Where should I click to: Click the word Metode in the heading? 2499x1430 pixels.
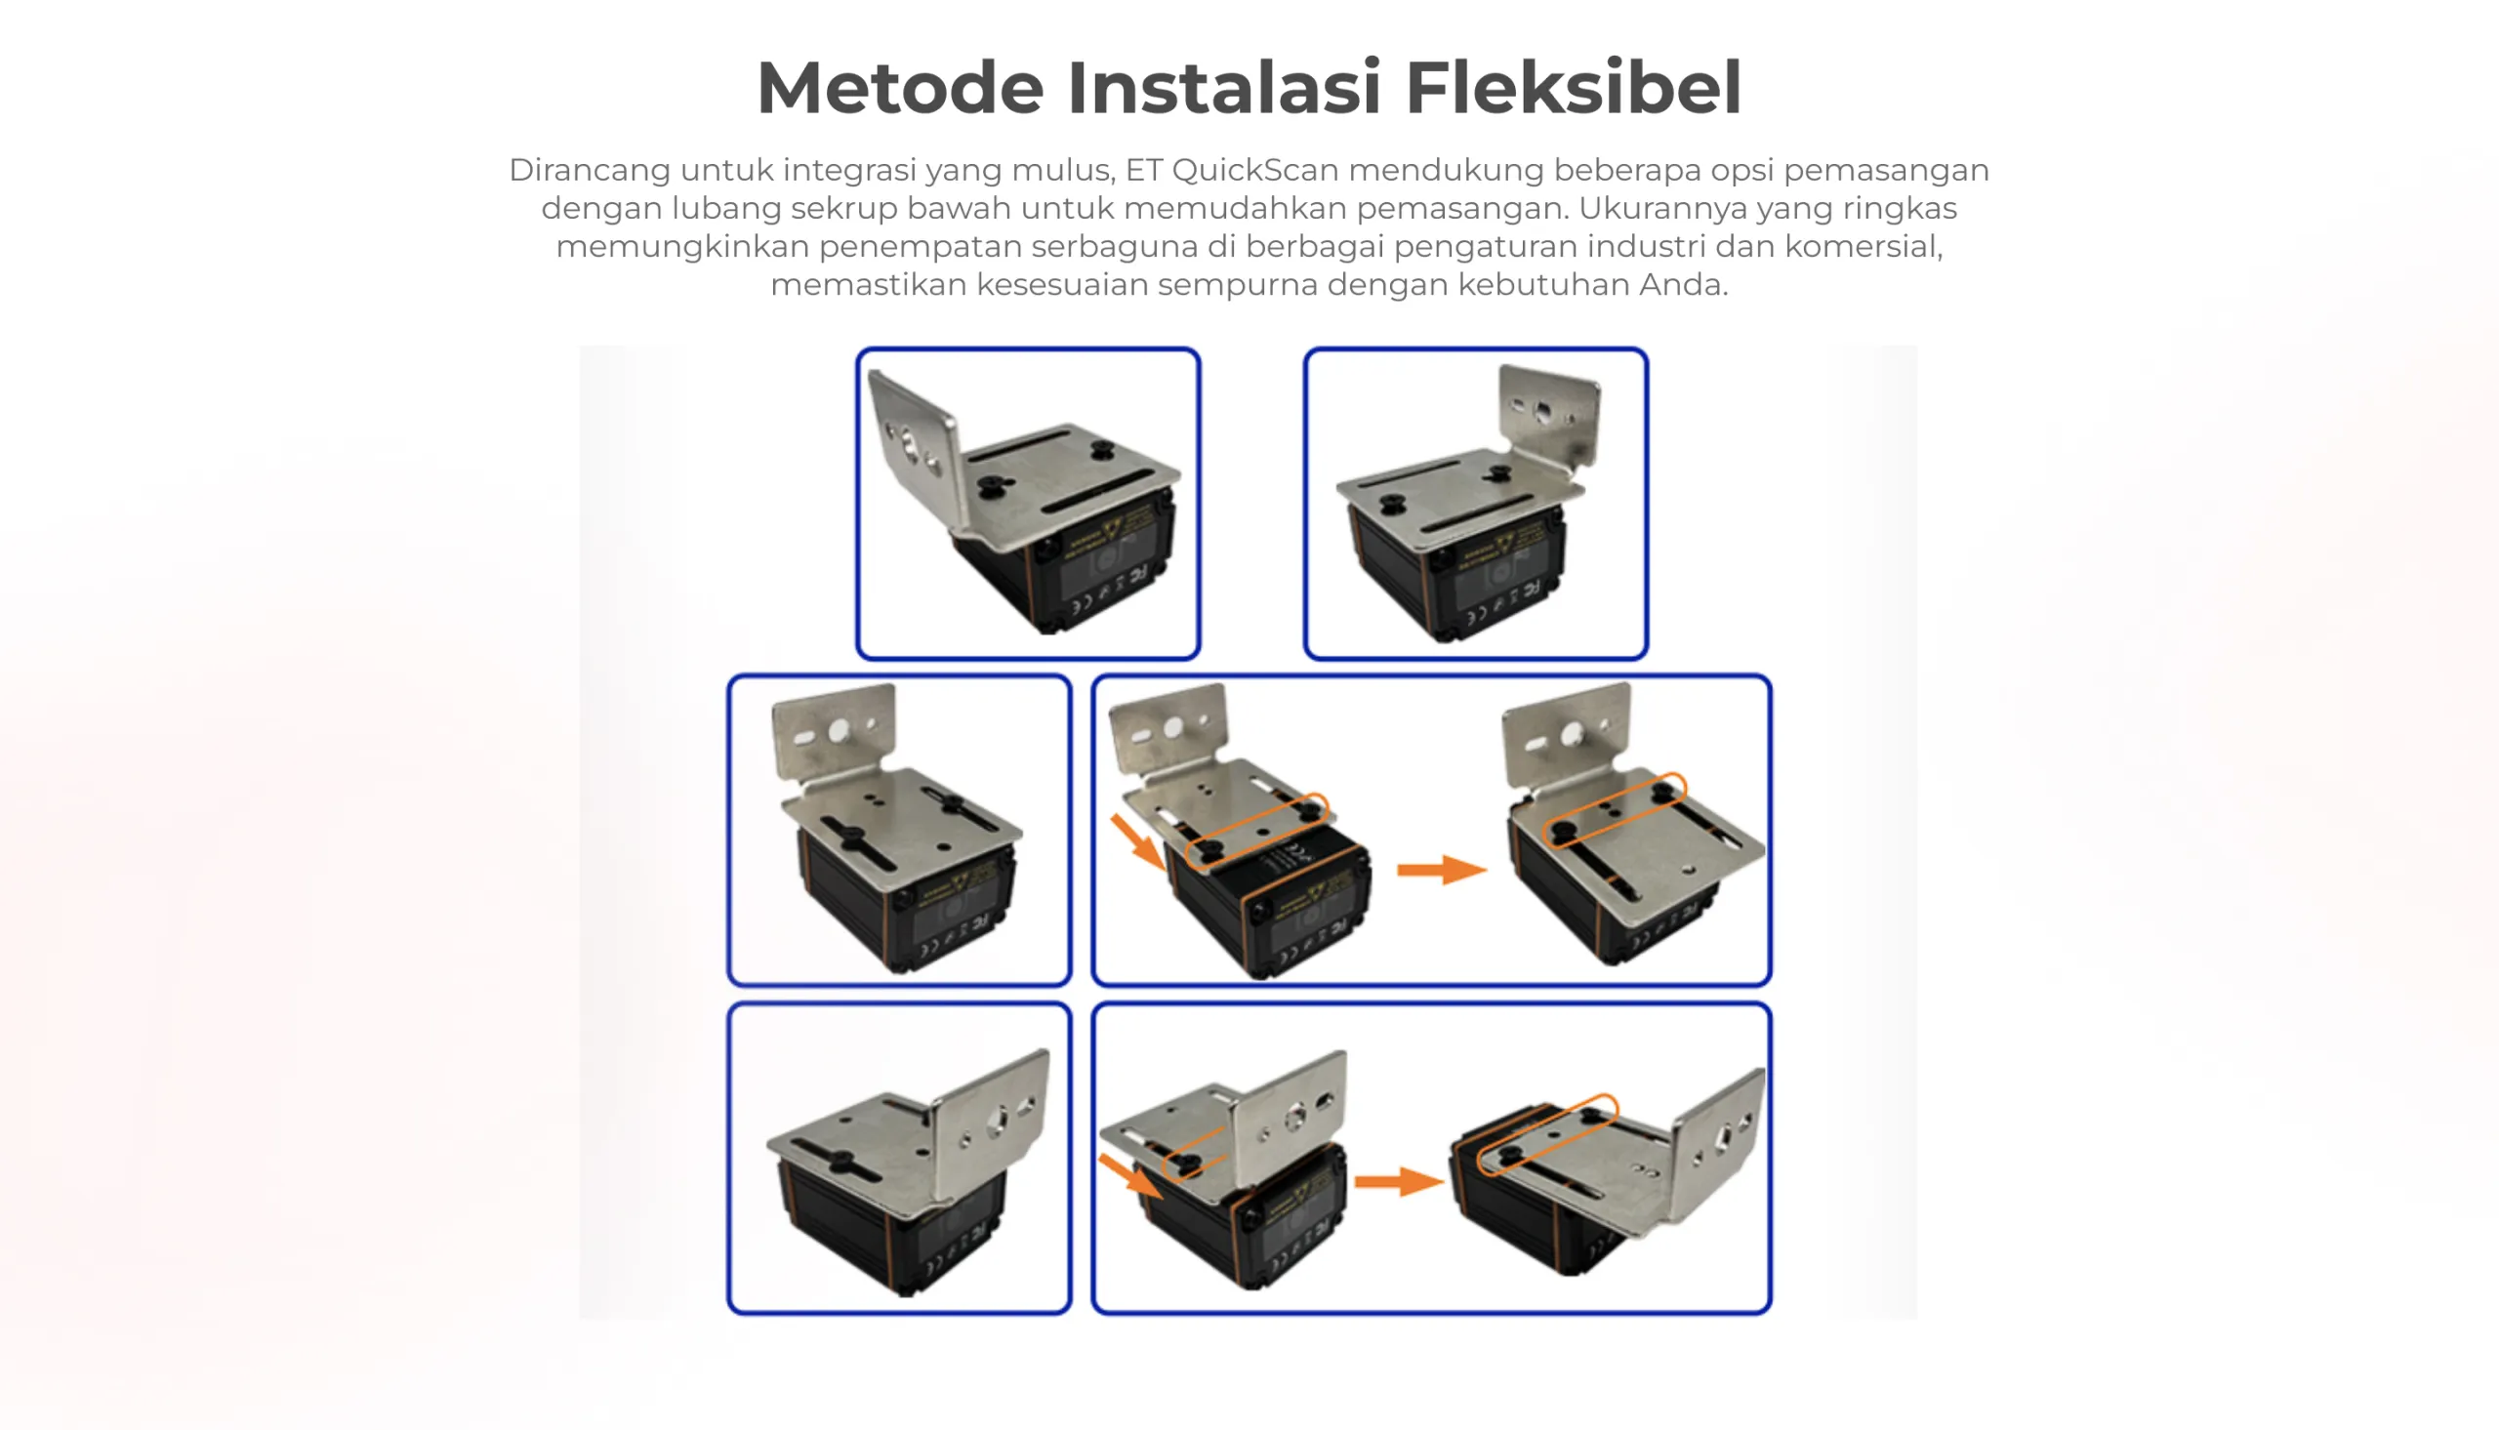coord(899,89)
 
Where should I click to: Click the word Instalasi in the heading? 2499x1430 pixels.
coord(1224,89)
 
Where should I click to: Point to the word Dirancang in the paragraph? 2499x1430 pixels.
coord(590,170)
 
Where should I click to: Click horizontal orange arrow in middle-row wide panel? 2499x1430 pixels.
coord(1441,869)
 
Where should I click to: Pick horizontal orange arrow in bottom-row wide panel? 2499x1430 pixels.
coord(1397,1181)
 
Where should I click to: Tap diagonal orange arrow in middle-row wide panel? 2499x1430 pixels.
coord(1137,841)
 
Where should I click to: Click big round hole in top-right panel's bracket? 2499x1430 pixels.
coord(1543,413)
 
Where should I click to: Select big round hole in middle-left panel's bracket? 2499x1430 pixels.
coord(839,731)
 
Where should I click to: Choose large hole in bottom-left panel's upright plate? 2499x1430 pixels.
coord(999,1122)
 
